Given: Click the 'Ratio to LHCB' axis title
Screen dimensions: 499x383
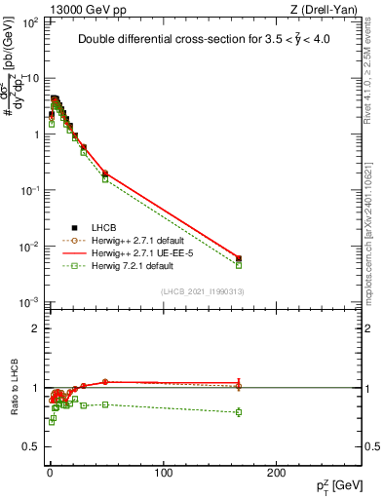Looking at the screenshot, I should [x=17, y=387].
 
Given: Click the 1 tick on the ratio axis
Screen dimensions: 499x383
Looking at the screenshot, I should [x=34, y=388].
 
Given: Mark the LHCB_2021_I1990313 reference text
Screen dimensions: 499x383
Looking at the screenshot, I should [x=202, y=291].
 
